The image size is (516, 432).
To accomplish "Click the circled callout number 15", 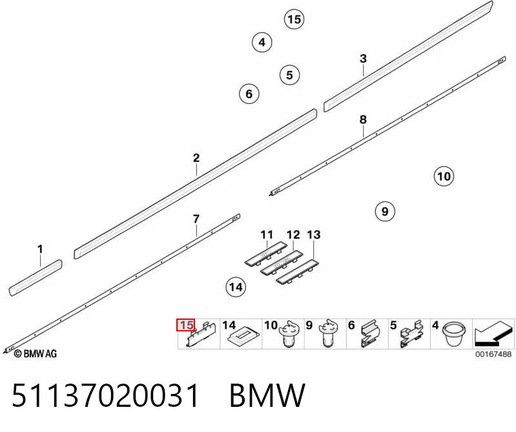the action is click(294, 19).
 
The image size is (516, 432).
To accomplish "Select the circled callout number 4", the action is click(262, 43).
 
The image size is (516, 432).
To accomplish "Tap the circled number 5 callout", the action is click(289, 75).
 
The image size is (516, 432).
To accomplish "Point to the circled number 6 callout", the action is click(249, 94).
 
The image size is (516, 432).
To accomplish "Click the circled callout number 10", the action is click(444, 177).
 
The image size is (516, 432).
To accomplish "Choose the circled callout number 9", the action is click(385, 211).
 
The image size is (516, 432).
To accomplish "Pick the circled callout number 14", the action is click(236, 287).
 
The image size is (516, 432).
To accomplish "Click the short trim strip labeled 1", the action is click(36, 279).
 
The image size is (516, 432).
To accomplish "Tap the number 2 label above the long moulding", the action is click(196, 158).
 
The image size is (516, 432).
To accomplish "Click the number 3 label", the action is click(363, 59).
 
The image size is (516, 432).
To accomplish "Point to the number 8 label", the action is click(363, 119).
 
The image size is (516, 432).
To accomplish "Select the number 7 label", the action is click(196, 219).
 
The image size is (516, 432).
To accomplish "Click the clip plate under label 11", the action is click(266, 253).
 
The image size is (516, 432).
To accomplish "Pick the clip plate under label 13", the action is click(298, 271).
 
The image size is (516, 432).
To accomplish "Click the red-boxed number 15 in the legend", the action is click(186, 325).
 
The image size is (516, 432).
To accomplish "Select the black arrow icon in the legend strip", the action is click(493, 334).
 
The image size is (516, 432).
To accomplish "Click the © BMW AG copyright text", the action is click(36, 354).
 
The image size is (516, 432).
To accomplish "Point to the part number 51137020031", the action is click(106, 395).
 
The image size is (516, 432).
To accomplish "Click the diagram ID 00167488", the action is click(493, 354).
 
